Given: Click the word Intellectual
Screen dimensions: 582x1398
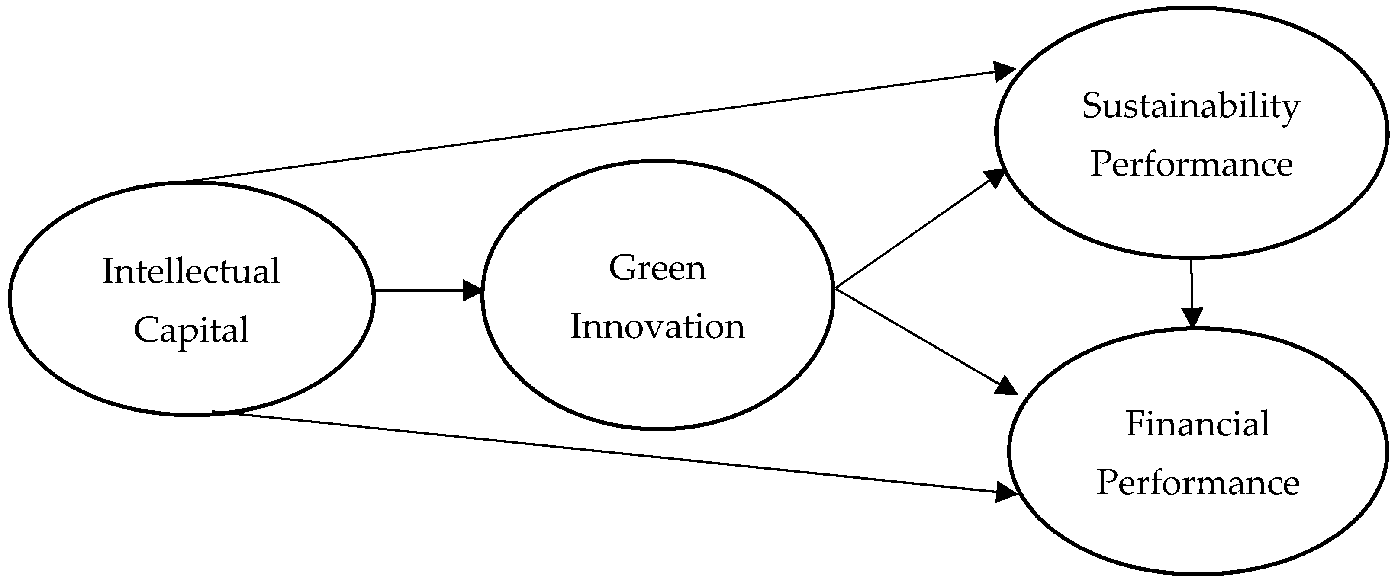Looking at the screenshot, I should click(x=191, y=271).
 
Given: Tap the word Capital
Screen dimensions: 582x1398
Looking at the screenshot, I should click(x=191, y=330).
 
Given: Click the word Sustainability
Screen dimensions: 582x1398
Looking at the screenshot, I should click(x=1191, y=106).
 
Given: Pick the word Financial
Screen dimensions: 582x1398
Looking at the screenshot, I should click(x=1197, y=424).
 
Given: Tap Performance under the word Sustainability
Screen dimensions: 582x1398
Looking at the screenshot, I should click(x=1191, y=164).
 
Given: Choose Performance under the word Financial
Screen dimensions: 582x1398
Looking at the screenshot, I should click(x=1198, y=482).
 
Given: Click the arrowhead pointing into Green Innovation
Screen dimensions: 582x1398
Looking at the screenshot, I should click(x=472, y=291).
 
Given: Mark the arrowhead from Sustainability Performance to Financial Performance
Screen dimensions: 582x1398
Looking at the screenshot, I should click(x=1192, y=317).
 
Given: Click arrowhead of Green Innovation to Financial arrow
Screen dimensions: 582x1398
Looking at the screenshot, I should click(x=1006, y=386).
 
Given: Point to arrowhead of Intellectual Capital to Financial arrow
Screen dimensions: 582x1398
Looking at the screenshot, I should click(x=1006, y=492).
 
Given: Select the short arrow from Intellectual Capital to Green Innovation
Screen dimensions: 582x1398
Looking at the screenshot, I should click(x=418, y=291).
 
